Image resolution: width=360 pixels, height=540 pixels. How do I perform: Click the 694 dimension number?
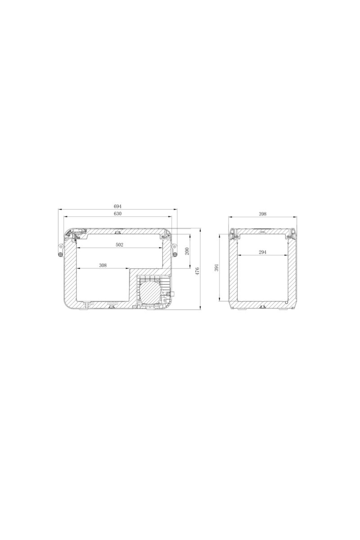point(117,207)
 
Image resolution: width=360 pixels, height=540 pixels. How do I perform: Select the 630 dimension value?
point(117,214)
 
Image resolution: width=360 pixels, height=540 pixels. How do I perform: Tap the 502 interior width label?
point(119,245)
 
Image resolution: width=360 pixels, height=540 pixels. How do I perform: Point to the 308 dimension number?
point(103,265)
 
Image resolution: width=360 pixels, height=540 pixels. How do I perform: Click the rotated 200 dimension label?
point(187,251)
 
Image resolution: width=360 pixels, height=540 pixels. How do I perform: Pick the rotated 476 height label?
point(197,271)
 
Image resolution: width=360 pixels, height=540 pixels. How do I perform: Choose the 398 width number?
point(262,214)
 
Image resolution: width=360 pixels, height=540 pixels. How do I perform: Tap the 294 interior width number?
point(262,252)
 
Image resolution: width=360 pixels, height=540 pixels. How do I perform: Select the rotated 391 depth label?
point(216,267)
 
